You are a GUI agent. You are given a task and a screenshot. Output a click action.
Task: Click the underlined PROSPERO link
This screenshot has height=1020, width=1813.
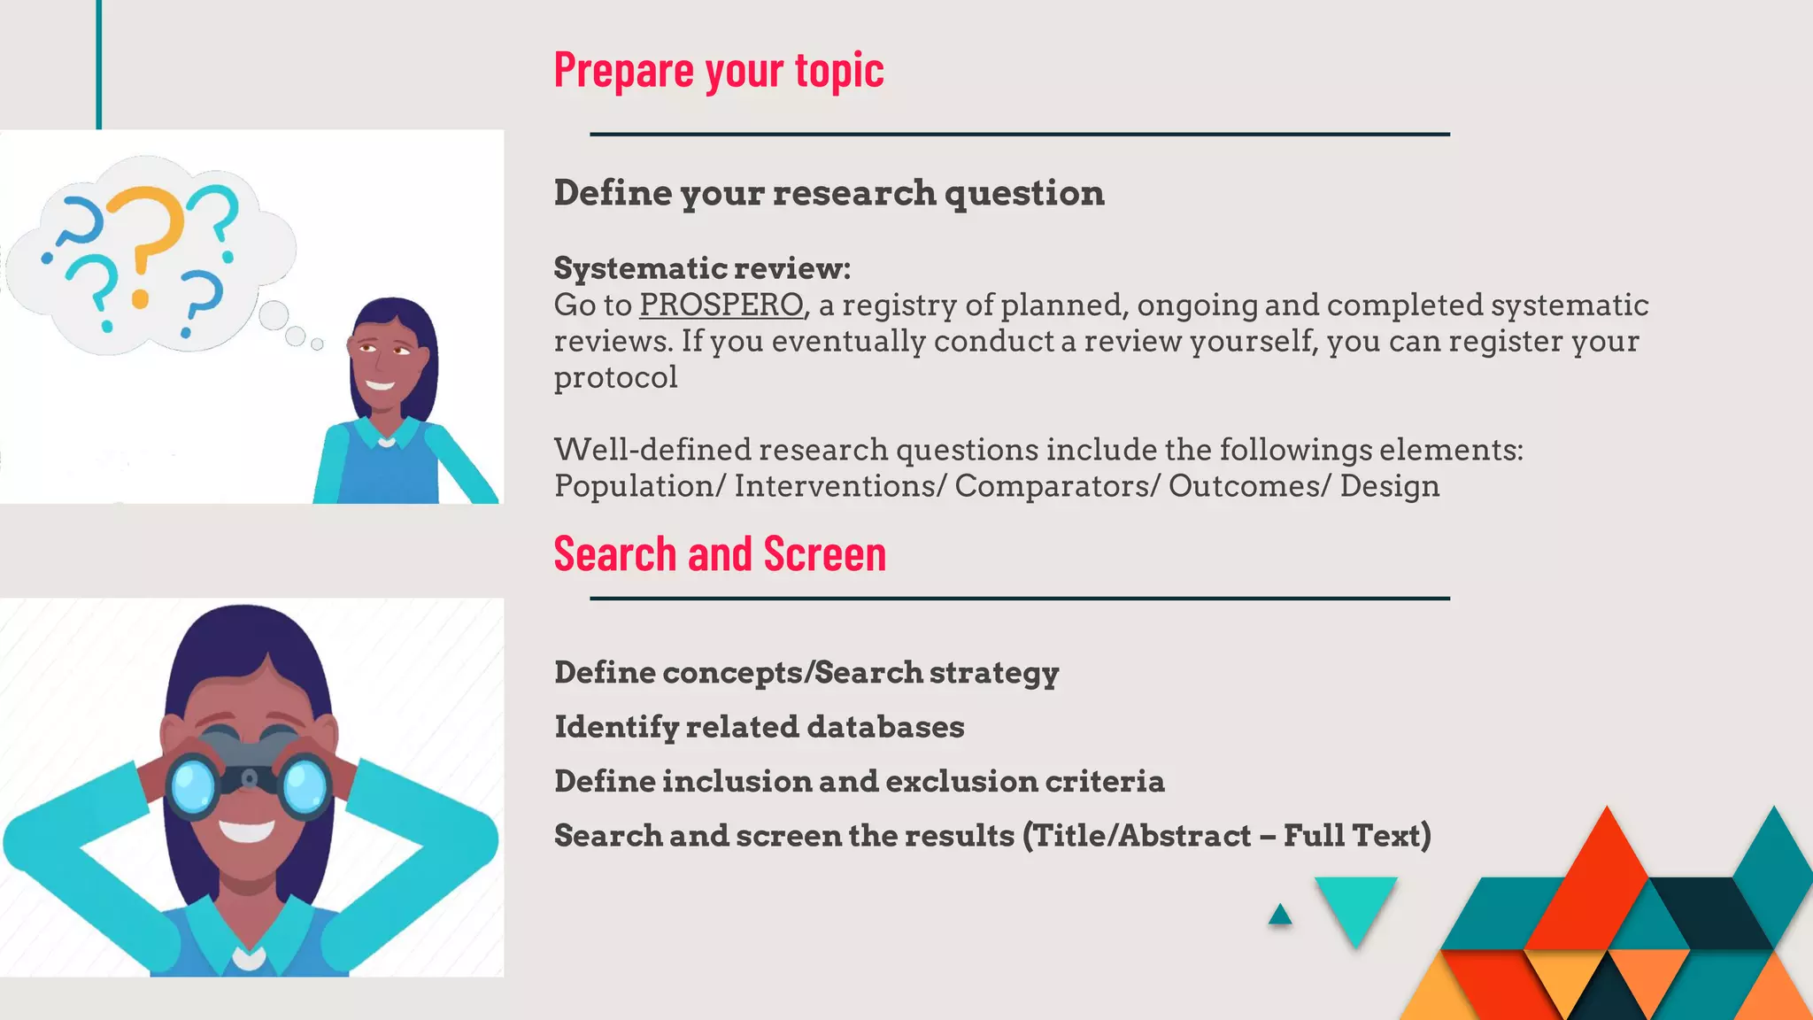[721, 305]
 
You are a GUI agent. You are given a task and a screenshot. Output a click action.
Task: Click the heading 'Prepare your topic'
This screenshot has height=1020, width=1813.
[718, 70]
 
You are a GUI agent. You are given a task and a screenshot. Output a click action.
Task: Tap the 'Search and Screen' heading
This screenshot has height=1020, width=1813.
[719, 555]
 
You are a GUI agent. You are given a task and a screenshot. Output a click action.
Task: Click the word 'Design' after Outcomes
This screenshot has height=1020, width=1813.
[1389, 486]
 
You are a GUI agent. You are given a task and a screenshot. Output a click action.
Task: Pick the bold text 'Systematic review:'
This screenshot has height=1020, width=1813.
[702, 268]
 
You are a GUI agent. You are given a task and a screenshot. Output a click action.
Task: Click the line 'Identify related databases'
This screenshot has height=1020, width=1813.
[759, 727]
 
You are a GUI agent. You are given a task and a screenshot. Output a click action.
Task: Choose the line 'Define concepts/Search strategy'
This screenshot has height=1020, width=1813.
[806, 673]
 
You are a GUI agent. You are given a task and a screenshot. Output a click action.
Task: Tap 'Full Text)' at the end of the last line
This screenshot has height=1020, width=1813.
[1356, 836]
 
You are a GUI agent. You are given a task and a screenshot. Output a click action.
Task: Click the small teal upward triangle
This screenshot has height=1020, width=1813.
[1279, 916]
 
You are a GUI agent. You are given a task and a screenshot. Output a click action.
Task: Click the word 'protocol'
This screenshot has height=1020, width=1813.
[615, 378]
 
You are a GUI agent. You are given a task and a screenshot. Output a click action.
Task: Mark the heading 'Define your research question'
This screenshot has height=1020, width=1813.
[829, 193]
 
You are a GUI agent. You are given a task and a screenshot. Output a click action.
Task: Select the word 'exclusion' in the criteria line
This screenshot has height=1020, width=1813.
[961, 782]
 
